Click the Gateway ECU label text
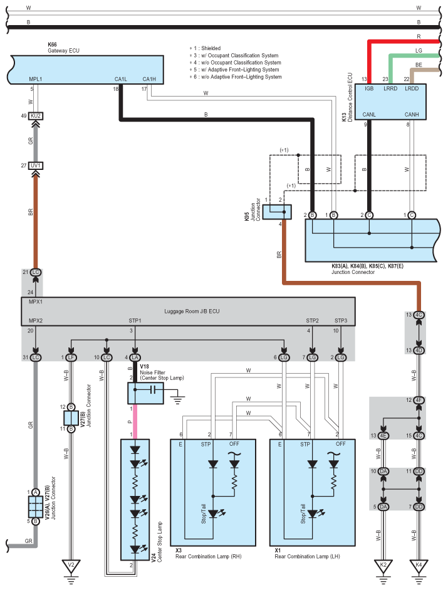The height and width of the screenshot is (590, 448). tap(63, 50)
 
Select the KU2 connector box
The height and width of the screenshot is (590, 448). tap(36, 116)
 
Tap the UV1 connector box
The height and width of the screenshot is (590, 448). tap(36, 166)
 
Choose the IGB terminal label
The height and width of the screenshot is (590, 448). tap(369, 88)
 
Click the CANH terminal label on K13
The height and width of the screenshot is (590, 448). tap(412, 114)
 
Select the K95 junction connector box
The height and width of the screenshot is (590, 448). tap(277, 212)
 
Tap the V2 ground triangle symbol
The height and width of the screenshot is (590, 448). tap(71, 565)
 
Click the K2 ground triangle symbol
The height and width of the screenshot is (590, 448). tap(383, 565)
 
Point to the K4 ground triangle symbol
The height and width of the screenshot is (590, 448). tap(419, 565)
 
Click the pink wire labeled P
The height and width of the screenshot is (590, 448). tap(135, 421)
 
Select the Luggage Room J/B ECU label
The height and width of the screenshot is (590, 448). tap(192, 311)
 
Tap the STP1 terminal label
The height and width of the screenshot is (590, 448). tap(135, 320)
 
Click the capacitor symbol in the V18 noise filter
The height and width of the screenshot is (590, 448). tap(153, 389)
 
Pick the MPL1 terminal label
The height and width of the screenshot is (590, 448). tap(35, 79)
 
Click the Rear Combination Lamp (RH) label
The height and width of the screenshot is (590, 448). tap(209, 556)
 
